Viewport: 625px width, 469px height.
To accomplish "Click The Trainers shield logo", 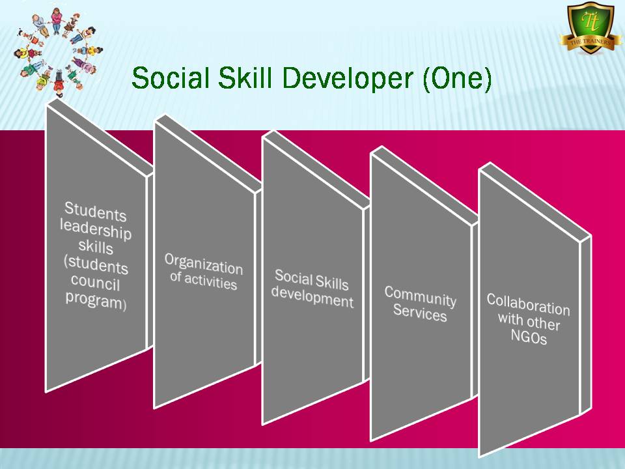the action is tap(590, 28).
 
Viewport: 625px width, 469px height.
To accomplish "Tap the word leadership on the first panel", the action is tap(96, 230).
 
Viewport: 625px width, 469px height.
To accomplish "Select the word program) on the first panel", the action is tap(96, 300).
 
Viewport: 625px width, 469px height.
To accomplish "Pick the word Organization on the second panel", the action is tap(204, 264).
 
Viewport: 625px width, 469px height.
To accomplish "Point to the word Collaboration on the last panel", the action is tap(528, 305).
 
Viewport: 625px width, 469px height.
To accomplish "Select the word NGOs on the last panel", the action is tap(529, 337).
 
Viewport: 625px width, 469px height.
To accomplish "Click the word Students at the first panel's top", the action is tap(96, 211).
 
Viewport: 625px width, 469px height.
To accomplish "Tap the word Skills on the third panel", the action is tap(331, 282).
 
